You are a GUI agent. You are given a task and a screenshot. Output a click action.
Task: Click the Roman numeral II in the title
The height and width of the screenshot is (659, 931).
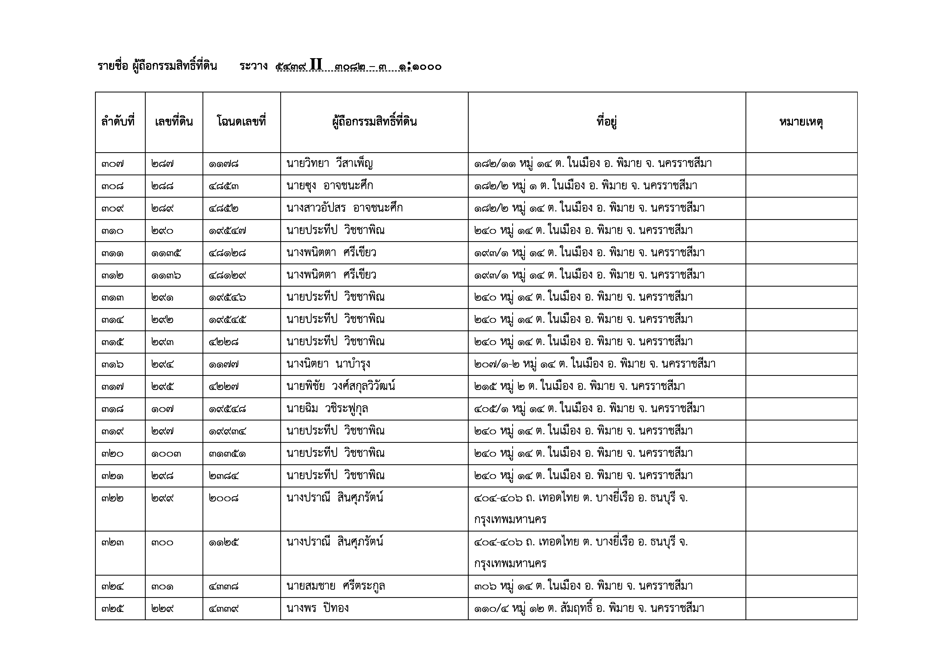point(316,65)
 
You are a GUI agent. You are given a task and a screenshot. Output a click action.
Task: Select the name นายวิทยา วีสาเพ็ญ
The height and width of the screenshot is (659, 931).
point(329,164)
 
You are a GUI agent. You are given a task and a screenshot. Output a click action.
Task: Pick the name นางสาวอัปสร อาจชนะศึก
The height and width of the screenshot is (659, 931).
point(344,209)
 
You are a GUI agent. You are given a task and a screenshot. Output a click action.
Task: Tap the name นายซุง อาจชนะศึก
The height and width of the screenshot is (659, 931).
point(329,186)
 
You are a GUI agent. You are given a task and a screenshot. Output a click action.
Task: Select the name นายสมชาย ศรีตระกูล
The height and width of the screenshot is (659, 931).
point(335,587)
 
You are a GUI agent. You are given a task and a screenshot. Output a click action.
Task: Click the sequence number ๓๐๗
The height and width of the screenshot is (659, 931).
point(113,164)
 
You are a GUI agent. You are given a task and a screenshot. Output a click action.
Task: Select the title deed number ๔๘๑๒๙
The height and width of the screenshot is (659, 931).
point(227,275)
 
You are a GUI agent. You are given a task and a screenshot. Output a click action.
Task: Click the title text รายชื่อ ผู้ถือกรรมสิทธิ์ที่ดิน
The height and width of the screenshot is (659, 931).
point(157,66)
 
